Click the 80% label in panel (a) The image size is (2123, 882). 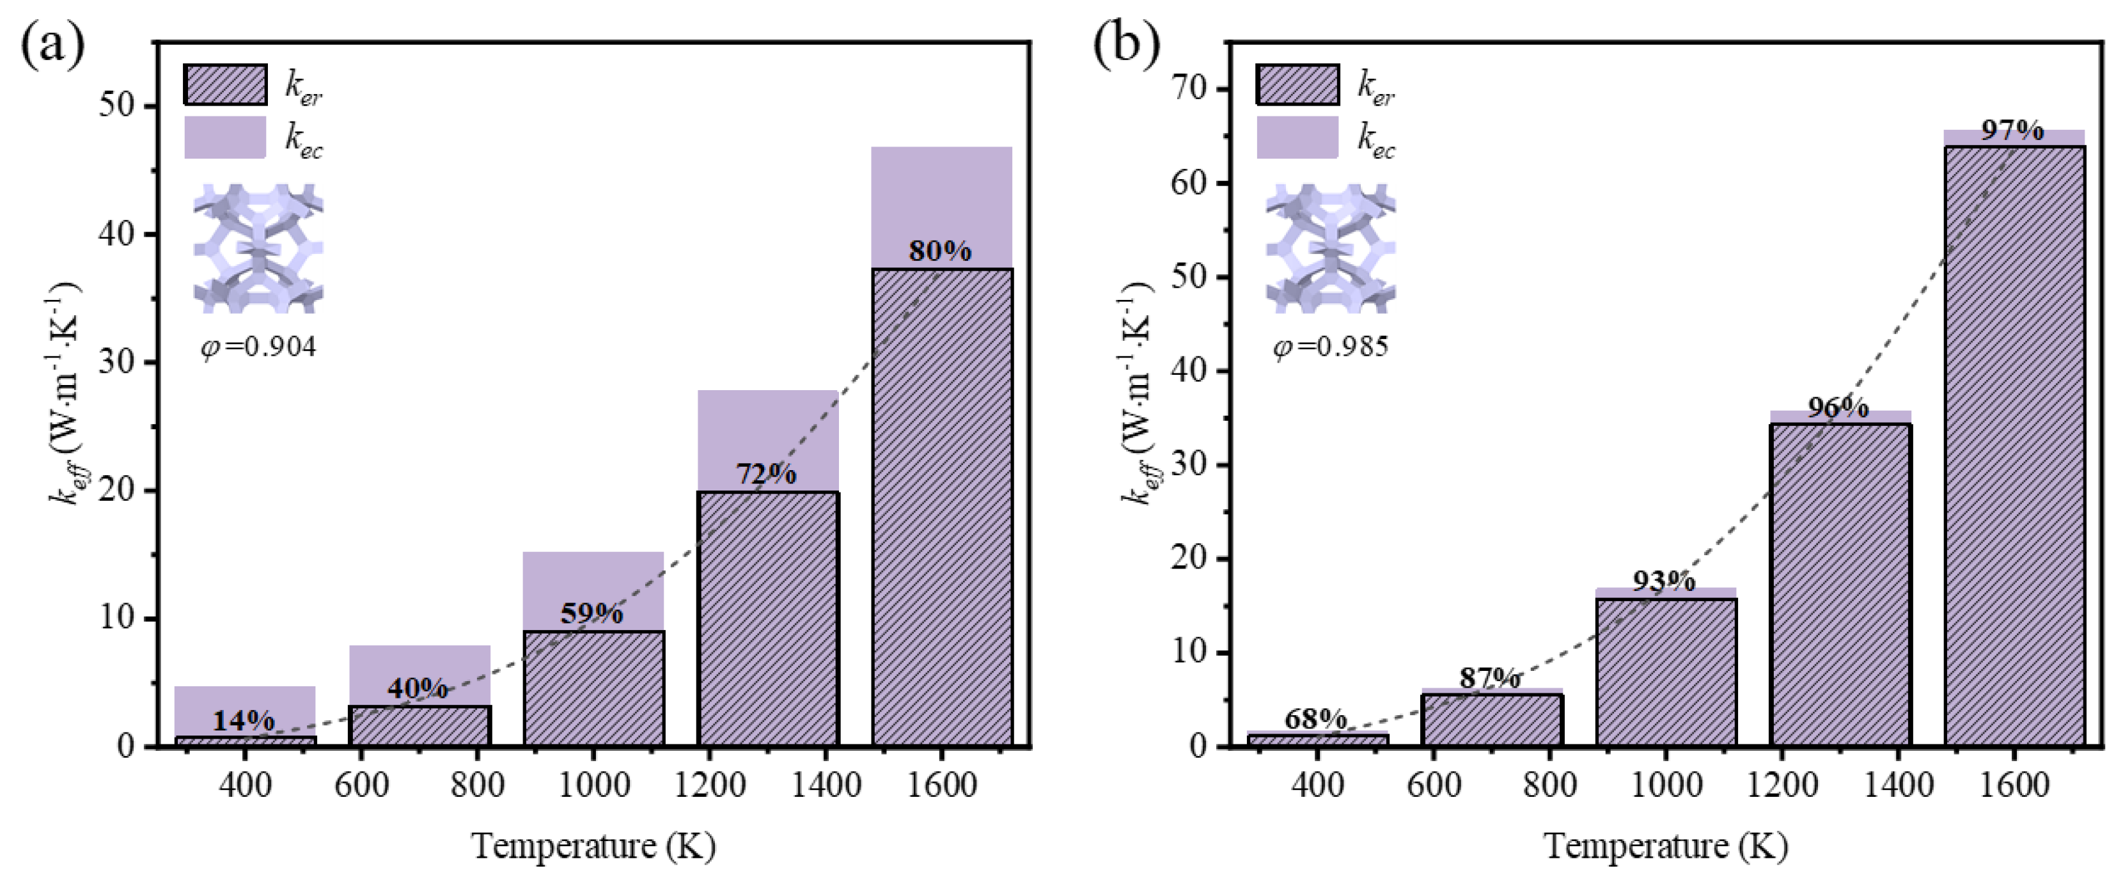[941, 251]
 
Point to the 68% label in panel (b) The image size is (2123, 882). [1315, 720]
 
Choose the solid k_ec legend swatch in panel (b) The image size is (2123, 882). [1297, 138]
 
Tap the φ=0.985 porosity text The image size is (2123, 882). [1331, 346]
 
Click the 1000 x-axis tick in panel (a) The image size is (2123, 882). [593, 784]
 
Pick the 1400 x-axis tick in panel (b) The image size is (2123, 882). [1897, 784]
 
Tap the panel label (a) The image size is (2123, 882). [51, 45]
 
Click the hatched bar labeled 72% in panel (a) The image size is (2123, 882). [768, 618]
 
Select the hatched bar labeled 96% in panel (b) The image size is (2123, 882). [1840, 585]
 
